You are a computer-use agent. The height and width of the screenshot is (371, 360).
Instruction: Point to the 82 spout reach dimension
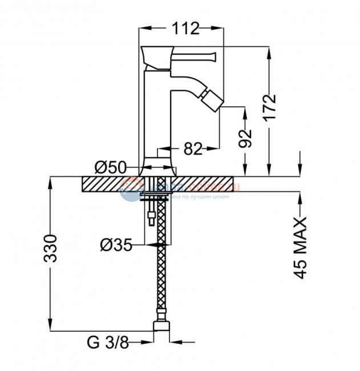point(193,149)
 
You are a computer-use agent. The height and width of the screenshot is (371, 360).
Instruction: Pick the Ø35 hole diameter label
point(116,245)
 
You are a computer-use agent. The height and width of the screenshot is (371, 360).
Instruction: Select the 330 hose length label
point(51,247)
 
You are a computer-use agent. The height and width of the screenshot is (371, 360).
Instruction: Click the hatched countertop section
point(103,184)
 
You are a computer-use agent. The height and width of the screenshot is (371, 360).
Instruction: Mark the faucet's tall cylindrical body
point(159,114)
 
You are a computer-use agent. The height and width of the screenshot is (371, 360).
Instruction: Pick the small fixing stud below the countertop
point(151,217)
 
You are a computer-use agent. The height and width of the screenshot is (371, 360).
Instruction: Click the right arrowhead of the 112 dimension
point(220,27)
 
